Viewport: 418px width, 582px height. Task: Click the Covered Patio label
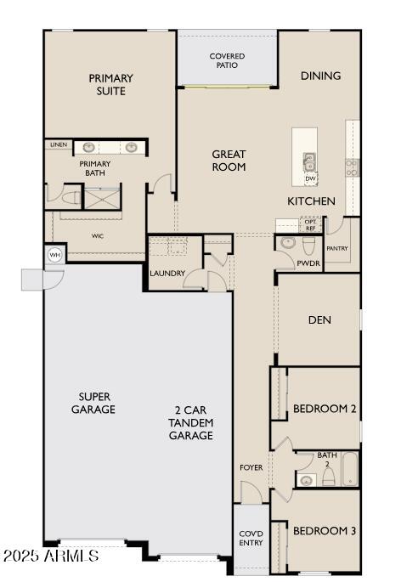point(227,60)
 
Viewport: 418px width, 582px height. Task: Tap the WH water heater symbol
point(54,255)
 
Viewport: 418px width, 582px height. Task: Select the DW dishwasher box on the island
point(310,179)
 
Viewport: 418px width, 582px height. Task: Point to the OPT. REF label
point(310,225)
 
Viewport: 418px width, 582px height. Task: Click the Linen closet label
point(59,144)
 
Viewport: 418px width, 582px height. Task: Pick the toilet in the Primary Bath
point(71,198)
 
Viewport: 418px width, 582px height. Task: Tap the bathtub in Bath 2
point(350,469)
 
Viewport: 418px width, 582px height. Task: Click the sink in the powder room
point(287,243)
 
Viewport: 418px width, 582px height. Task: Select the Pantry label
point(336,248)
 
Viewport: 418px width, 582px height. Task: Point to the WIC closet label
point(97,235)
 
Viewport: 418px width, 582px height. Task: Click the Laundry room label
point(167,274)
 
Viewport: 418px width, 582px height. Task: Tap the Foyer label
point(251,467)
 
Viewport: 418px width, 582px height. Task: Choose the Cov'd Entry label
point(251,538)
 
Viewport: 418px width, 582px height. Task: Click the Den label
point(319,320)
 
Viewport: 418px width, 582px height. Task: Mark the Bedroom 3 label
point(325,531)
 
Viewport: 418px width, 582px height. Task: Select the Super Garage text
point(93,403)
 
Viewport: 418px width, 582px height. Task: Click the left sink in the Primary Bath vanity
point(88,147)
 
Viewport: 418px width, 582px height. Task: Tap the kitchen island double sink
point(309,162)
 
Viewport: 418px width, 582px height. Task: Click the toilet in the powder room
point(309,246)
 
